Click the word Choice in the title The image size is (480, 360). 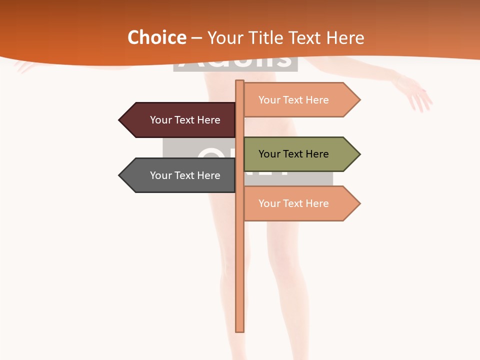tap(156, 37)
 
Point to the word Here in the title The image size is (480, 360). tap(345, 37)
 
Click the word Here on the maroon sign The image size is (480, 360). tap(208, 120)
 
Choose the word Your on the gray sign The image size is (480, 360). tap(161, 175)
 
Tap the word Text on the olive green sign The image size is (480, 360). tap(293, 154)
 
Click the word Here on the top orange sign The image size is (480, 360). tap(317, 100)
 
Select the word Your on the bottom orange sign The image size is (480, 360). tap(269, 203)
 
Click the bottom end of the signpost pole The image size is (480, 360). tap(240, 330)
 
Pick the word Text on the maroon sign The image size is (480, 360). tap(185, 120)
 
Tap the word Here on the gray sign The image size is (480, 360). tap(208, 175)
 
